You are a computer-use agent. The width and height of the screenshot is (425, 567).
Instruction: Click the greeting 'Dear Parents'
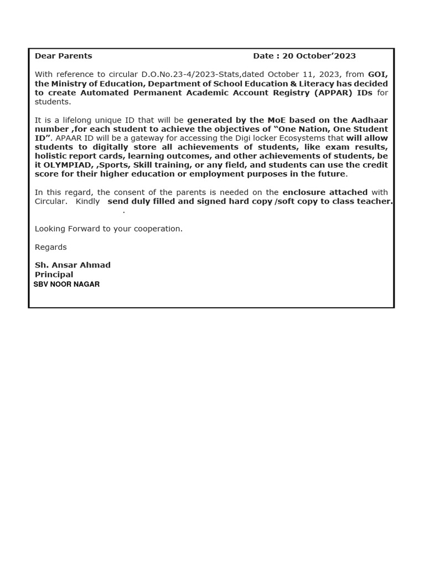coord(63,56)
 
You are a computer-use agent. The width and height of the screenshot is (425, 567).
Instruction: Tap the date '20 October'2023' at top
coord(319,56)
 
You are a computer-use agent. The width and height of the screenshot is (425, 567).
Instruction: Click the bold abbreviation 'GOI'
coord(377,74)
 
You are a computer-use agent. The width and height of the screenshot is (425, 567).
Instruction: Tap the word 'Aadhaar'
coord(369,120)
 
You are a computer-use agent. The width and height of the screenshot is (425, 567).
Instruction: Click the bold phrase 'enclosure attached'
coord(325,192)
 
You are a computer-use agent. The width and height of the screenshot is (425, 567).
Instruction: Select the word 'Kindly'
coord(87,202)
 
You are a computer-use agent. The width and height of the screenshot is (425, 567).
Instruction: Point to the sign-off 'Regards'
coord(51,247)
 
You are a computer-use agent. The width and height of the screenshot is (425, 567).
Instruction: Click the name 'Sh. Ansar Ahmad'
coord(72,265)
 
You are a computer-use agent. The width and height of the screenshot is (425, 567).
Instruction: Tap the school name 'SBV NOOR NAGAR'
coord(66,284)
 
